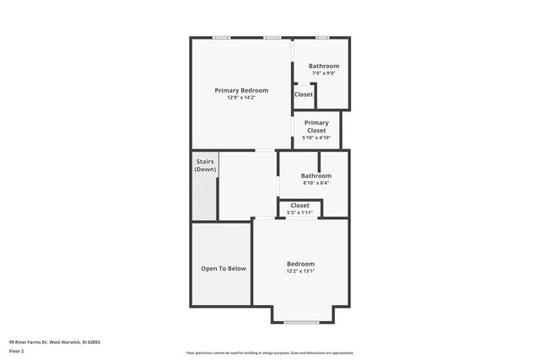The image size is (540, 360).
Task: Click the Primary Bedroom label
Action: [x=241, y=90]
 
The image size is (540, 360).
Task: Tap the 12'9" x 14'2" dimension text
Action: [x=241, y=98]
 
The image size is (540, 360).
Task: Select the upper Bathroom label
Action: [x=323, y=66]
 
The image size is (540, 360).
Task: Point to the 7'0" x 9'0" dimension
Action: [x=323, y=73]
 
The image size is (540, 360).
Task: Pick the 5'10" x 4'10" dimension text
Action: [x=316, y=137]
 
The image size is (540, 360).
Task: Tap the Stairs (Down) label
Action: [x=205, y=165]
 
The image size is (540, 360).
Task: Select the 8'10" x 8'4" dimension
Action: [x=316, y=183]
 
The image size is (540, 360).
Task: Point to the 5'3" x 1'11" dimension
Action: [x=300, y=212]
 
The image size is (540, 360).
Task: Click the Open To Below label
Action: [x=224, y=269]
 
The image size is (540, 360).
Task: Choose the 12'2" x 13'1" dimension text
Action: [x=300, y=271]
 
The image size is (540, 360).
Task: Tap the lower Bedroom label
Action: [x=300, y=263]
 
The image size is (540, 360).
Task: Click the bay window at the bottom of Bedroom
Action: [x=301, y=322]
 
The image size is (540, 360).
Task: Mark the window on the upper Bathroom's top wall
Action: [x=321, y=37]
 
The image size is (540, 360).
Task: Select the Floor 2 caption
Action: [x=17, y=350]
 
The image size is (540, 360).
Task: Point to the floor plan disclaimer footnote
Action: [x=270, y=352]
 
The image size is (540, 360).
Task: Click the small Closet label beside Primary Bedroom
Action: [x=303, y=94]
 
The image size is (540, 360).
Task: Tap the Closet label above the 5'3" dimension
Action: [x=300, y=205]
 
